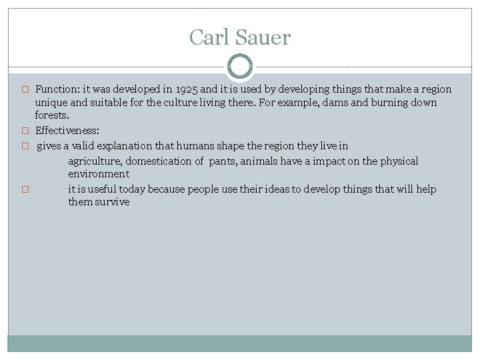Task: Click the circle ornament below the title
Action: [240, 67]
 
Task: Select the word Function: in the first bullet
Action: [57, 89]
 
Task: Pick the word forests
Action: [52, 115]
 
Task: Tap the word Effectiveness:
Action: [67, 131]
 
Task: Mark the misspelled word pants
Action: [223, 161]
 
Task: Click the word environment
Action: [99, 174]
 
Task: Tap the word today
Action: [131, 189]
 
